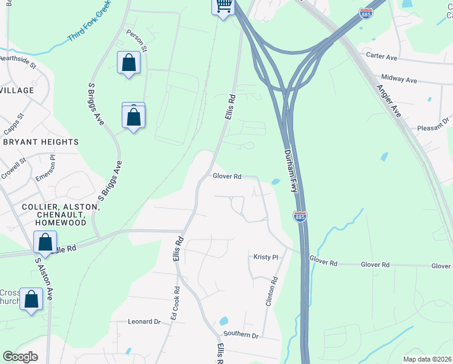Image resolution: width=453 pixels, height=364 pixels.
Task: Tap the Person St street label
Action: (136, 39)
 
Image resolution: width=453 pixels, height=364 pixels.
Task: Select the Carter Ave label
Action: (382, 55)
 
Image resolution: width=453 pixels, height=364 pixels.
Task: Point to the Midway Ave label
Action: (399, 79)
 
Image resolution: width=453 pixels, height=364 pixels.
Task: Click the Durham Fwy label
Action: (291, 172)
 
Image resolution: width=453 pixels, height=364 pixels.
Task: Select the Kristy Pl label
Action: (266, 257)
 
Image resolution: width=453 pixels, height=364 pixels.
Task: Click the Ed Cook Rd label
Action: (174, 303)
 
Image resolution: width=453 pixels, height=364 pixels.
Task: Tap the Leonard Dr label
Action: (144, 322)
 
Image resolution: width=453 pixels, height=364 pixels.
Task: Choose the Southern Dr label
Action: (240, 335)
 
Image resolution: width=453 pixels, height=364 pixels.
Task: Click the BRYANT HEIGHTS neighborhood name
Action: (41, 142)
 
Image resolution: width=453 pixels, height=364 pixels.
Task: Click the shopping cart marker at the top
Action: (223, 5)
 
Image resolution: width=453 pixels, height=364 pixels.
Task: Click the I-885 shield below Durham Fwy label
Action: (299, 216)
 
